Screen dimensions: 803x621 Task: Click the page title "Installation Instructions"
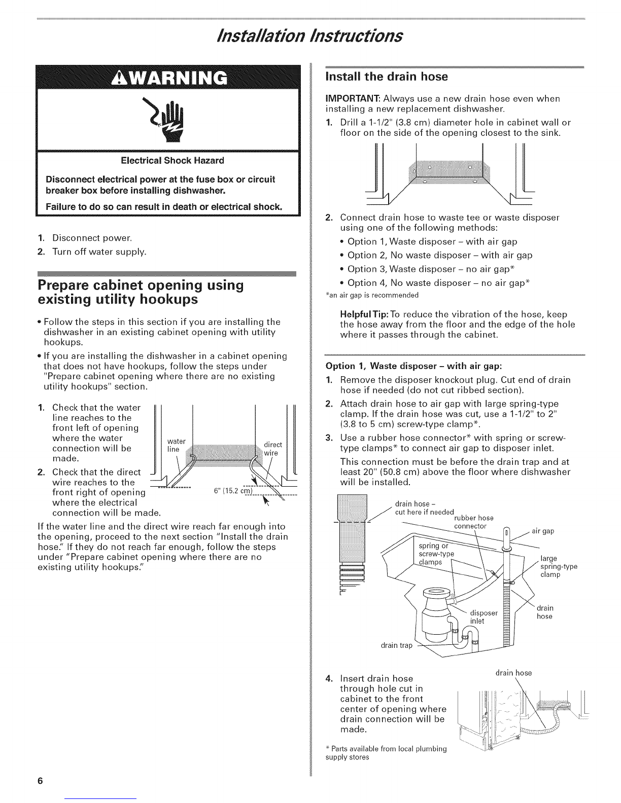click(310, 35)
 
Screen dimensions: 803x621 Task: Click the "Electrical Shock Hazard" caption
click(171, 161)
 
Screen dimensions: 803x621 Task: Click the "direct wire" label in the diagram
click(273, 449)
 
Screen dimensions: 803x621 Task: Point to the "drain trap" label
click(397, 645)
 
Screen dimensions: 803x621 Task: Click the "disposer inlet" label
click(478, 617)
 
